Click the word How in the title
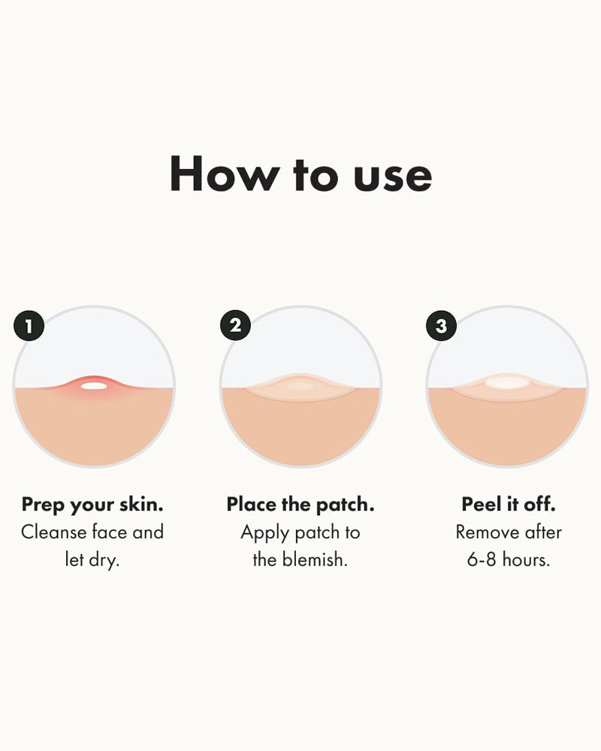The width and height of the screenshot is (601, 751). [222, 174]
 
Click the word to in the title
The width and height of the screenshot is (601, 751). [307, 176]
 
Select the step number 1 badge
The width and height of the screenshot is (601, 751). [29, 326]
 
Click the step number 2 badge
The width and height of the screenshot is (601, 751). [235, 325]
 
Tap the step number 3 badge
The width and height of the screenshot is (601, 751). [441, 325]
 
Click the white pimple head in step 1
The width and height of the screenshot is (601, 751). [94, 386]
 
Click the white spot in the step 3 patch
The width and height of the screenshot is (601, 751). [507, 384]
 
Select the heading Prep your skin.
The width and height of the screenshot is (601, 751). [92, 505]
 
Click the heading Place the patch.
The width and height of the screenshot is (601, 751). [300, 505]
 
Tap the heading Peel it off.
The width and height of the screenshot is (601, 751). [509, 505]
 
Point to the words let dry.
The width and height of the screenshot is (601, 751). [92, 560]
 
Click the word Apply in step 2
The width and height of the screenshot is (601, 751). [264, 532]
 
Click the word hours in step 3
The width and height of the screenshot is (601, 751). [527, 560]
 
